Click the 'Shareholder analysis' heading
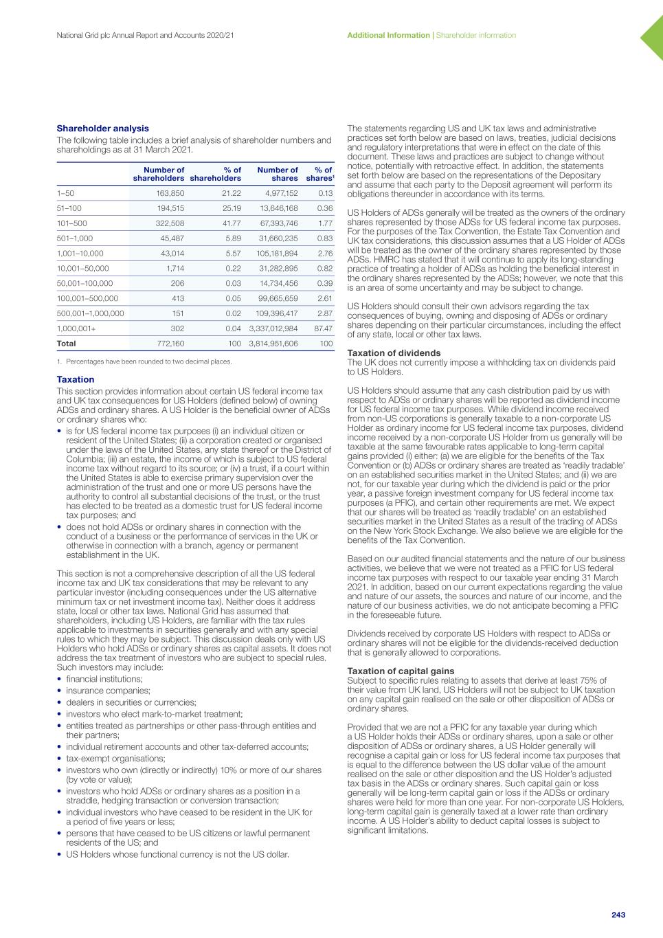point(102,129)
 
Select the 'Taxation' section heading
point(76,379)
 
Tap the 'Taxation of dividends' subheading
point(394,353)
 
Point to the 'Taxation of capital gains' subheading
point(401,671)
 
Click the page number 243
point(618,915)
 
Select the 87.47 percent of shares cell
point(322,328)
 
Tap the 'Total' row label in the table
point(67,343)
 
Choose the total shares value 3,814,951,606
point(273,343)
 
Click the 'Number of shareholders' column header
point(159,175)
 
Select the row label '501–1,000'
point(75,238)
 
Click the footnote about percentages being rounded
point(144,361)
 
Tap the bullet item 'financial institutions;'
point(104,679)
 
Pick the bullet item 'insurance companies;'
point(108,691)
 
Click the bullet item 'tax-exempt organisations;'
point(115,759)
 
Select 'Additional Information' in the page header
point(388,35)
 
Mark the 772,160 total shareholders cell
point(170,343)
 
